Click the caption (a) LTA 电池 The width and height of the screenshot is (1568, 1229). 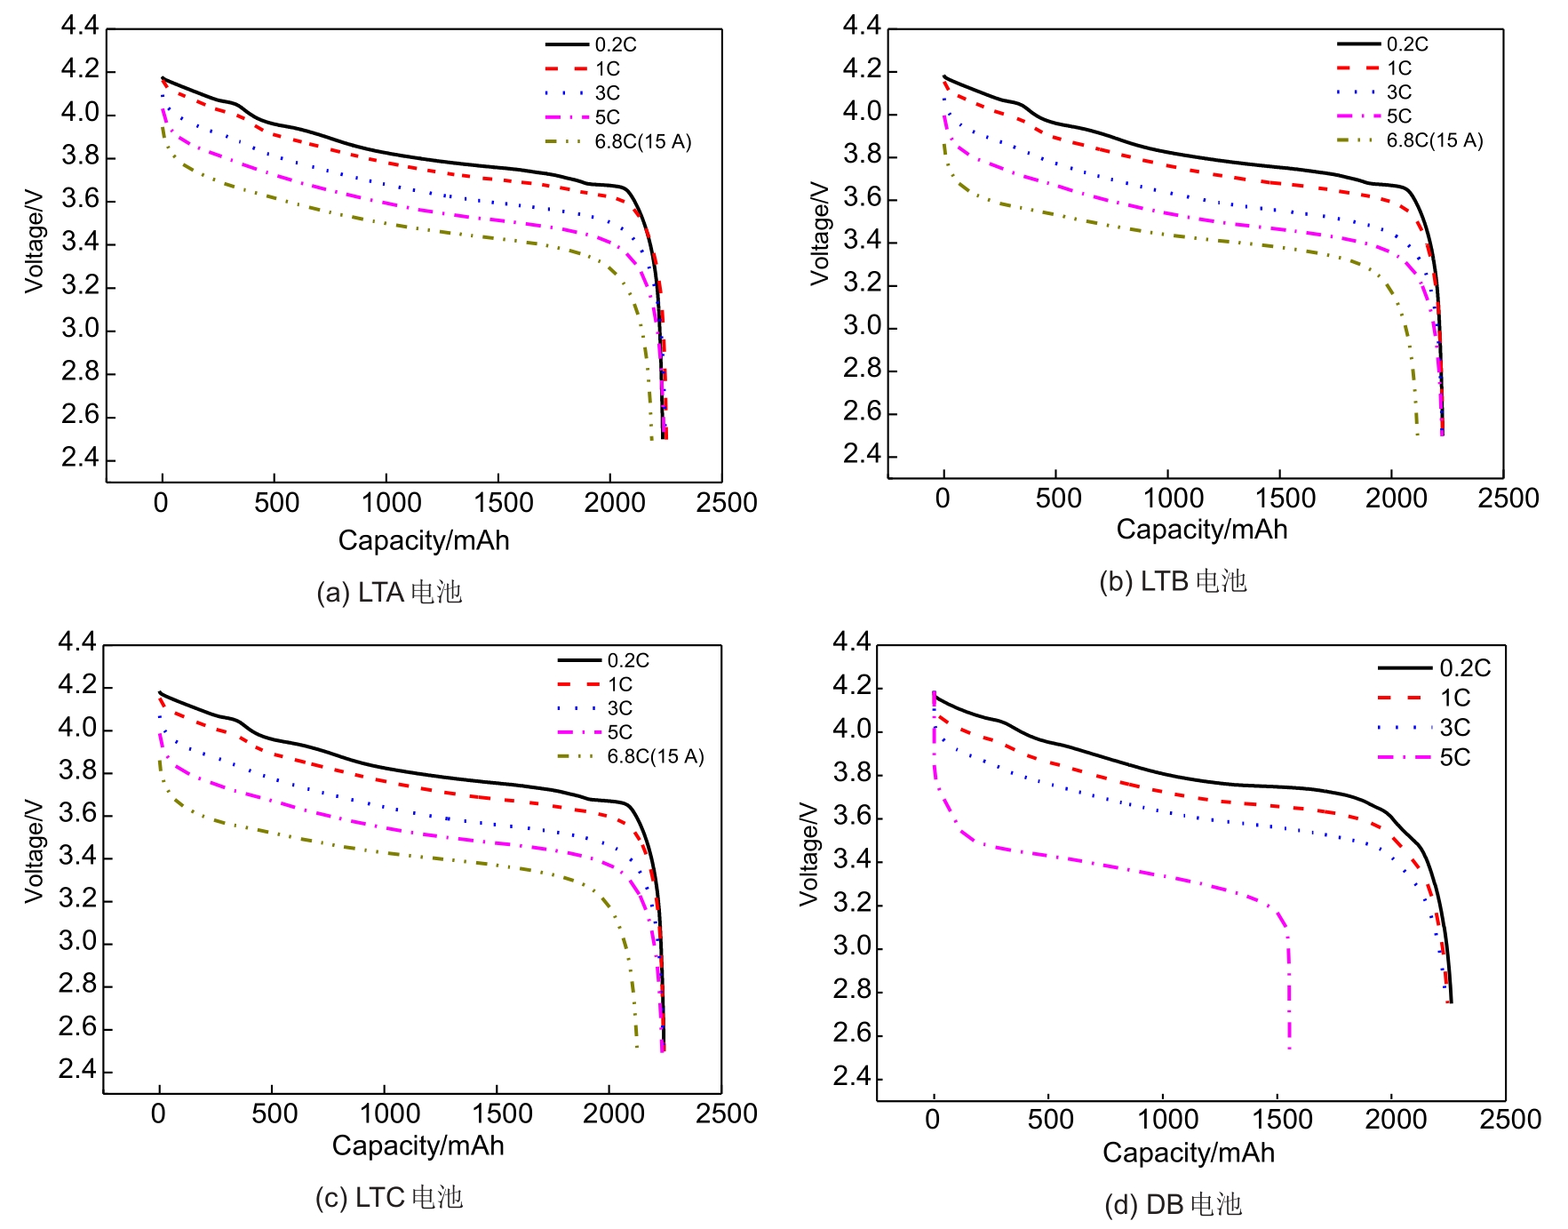(x=389, y=593)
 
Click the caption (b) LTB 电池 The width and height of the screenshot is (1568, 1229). (x=1173, y=581)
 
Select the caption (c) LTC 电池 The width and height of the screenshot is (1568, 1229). (x=389, y=1198)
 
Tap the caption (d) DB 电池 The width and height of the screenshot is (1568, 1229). (x=1173, y=1205)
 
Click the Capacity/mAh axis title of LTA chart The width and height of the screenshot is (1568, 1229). (x=424, y=540)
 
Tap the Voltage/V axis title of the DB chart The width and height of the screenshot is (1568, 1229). (x=808, y=853)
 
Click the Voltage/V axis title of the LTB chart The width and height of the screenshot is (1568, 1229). (x=819, y=234)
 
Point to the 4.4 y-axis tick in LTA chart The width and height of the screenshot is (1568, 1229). (x=80, y=26)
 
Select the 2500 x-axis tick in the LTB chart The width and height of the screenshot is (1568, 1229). (x=1508, y=498)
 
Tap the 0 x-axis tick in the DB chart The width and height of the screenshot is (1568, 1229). (x=932, y=1119)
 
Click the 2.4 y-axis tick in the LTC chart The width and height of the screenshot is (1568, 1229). (x=77, y=1070)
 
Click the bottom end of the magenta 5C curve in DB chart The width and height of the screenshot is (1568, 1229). (x=1289, y=1049)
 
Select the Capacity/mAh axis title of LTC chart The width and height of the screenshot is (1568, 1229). (x=418, y=1145)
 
